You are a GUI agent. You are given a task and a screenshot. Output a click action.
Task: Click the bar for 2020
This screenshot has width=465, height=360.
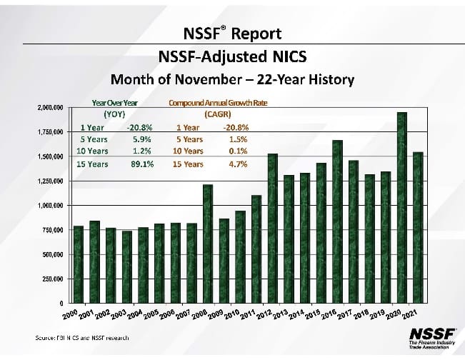(401, 207)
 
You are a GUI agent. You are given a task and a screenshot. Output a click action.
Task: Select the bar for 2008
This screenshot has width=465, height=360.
(208, 243)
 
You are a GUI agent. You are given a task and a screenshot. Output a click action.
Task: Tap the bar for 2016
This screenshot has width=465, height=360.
(337, 221)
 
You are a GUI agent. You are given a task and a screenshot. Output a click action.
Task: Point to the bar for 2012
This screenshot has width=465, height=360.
(272, 228)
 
